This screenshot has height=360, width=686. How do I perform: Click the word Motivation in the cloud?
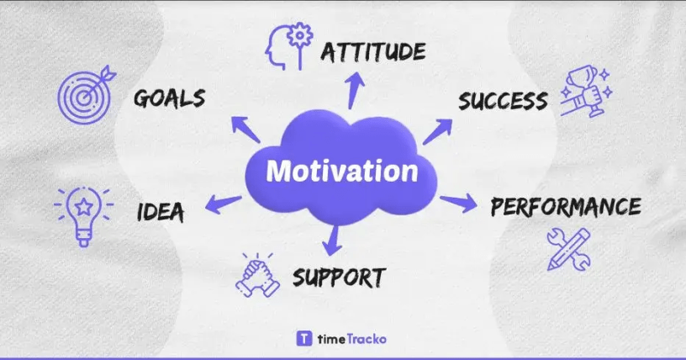click(x=342, y=171)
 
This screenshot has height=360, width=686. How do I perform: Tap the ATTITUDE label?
click(x=373, y=51)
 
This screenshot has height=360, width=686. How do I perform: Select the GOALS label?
click(x=169, y=98)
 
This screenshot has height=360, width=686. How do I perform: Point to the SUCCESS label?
click(x=503, y=101)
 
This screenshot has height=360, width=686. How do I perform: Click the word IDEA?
click(x=161, y=212)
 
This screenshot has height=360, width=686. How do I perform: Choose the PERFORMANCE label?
click(x=566, y=207)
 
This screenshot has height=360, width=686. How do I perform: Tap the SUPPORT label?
click(x=339, y=278)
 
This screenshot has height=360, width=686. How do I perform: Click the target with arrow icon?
click(x=87, y=95)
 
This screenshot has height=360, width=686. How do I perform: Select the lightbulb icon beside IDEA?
click(x=83, y=216)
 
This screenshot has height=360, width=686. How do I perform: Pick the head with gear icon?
click(x=289, y=46)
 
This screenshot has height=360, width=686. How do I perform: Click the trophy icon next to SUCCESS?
click(x=586, y=92)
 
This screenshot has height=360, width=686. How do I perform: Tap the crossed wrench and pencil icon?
click(x=569, y=249)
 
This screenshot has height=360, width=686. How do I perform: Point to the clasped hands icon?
click(x=258, y=275)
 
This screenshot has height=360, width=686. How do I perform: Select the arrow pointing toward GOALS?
click(x=245, y=130)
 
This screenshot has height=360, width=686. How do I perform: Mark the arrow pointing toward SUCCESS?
click(x=437, y=131)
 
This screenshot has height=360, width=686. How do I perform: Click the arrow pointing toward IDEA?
click(x=223, y=204)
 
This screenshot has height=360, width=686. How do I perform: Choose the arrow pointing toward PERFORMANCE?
click(x=458, y=204)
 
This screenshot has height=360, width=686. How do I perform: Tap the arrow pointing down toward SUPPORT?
click(x=333, y=240)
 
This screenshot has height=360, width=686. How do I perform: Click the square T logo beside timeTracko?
click(x=304, y=338)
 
